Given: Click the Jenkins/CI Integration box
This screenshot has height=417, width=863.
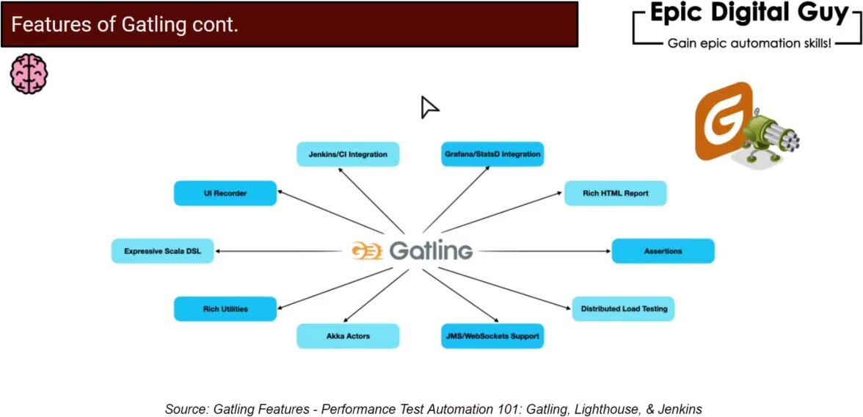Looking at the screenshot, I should [348, 154].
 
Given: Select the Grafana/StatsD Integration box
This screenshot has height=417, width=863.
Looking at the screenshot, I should [492, 154].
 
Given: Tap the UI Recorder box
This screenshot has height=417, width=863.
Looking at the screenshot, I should [225, 193].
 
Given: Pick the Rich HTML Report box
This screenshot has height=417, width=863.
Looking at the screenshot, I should [615, 193].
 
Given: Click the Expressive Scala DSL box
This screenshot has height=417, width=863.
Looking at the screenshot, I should [162, 251].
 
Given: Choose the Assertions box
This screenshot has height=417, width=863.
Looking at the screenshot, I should [663, 251].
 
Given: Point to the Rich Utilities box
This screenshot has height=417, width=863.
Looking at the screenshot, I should [225, 309].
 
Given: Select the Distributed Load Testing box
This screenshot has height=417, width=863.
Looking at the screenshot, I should [623, 309].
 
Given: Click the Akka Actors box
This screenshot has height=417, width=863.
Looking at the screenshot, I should [348, 336].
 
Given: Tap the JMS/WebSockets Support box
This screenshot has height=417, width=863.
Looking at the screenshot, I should [492, 336].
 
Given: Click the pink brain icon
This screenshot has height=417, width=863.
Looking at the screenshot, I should [29, 73].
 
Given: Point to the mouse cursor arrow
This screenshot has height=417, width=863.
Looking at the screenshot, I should [428, 107].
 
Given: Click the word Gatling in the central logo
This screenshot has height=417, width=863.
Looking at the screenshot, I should [431, 251].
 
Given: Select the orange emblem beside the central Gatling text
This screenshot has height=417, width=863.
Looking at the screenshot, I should [367, 251].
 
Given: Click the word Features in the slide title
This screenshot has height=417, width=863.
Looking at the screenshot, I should [44, 25].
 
